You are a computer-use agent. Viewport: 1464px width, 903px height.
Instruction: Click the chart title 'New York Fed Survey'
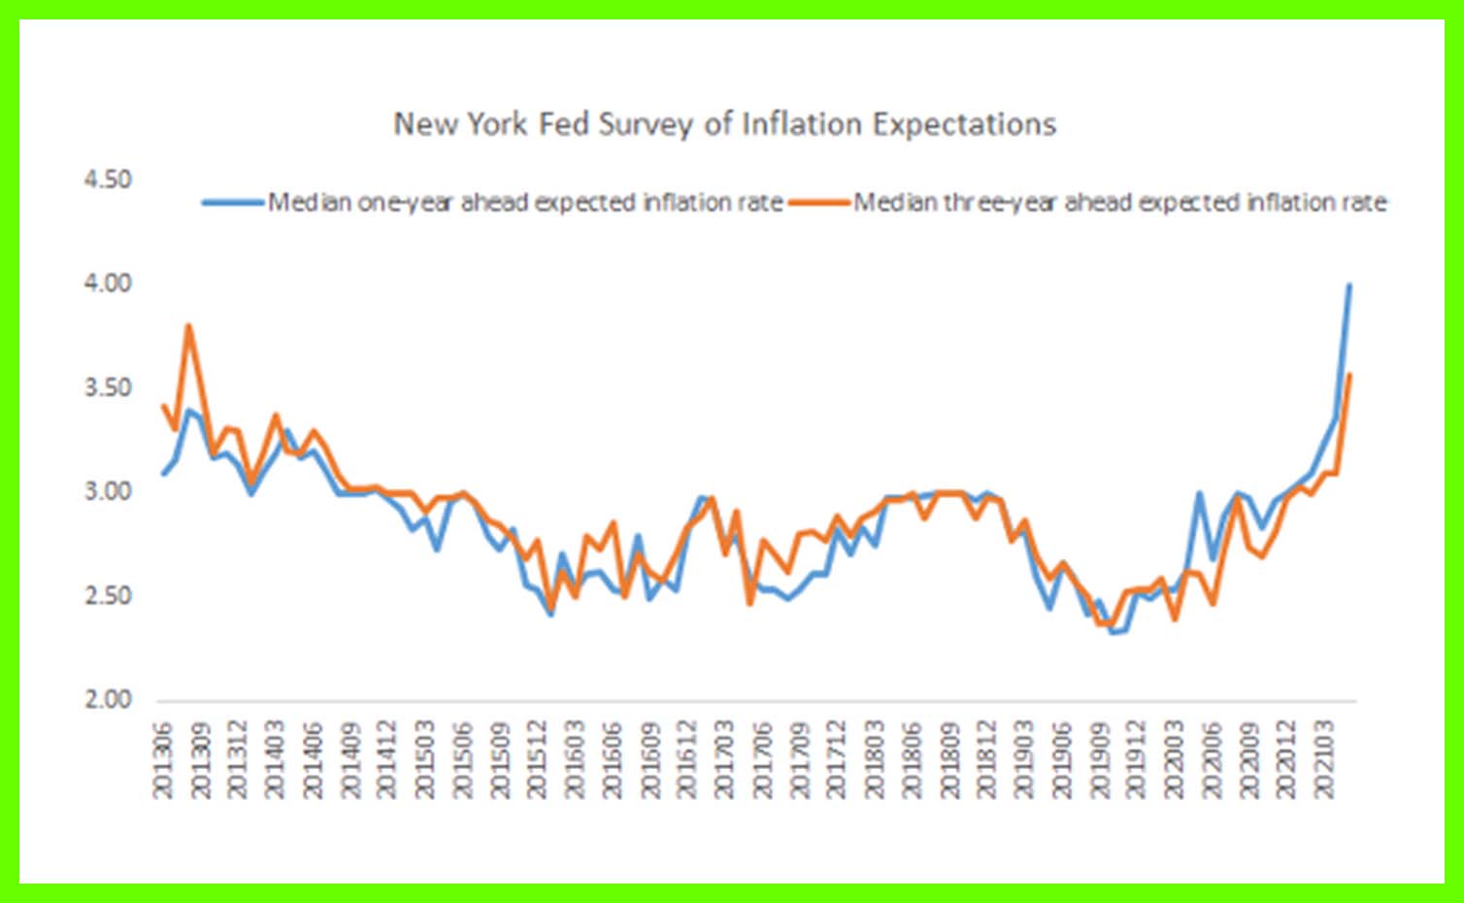click(x=724, y=124)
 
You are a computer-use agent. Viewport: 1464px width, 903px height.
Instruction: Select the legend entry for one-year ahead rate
click(x=525, y=203)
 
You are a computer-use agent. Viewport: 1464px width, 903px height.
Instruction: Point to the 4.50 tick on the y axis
click(x=108, y=180)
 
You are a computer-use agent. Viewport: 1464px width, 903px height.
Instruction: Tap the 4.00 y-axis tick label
click(x=108, y=284)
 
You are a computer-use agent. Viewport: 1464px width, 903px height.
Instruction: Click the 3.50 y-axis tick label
click(x=108, y=387)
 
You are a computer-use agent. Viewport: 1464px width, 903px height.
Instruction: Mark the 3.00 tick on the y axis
click(x=108, y=491)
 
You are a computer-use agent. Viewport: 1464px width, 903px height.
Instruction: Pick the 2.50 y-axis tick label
click(x=108, y=595)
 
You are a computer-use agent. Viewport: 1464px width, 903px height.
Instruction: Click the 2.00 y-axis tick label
click(x=108, y=699)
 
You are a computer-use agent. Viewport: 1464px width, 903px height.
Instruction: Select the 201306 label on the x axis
click(x=162, y=759)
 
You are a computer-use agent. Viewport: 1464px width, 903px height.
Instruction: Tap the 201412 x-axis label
click(x=387, y=759)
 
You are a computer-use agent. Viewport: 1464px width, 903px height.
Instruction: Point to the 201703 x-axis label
click(x=724, y=759)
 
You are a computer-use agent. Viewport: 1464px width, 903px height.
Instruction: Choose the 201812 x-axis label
click(x=986, y=759)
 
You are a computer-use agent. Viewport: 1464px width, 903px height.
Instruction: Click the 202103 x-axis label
click(x=1323, y=759)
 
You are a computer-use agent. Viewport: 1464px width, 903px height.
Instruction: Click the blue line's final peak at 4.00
click(x=1348, y=284)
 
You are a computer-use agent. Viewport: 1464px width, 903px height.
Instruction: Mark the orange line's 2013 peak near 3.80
click(x=188, y=326)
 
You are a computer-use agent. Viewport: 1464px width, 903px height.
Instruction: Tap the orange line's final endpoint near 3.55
click(x=1349, y=375)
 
